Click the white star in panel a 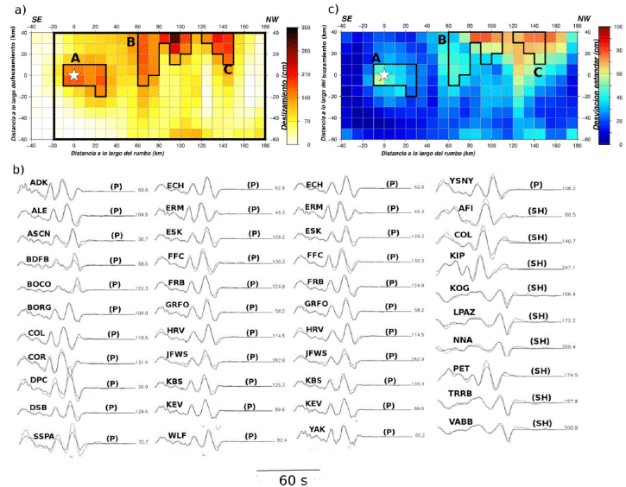pos(73,75)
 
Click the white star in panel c pos(384,75)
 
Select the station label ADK pos(40,183)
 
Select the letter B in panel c pos(441,40)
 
